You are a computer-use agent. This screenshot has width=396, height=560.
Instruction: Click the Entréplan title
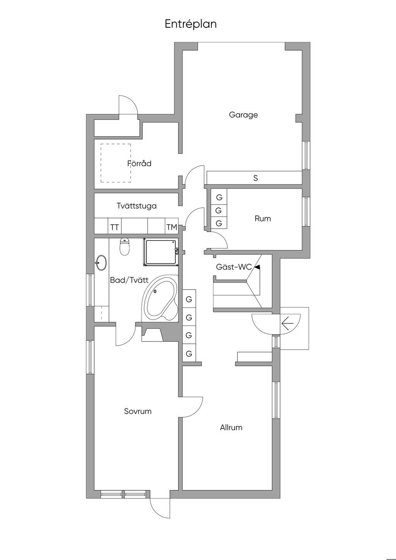(191, 24)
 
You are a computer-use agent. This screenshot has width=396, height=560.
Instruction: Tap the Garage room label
(243, 115)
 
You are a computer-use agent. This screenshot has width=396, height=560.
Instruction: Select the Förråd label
(140, 164)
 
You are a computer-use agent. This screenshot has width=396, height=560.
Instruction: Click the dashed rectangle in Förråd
(116, 163)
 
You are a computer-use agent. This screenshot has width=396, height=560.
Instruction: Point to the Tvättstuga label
(137, 206)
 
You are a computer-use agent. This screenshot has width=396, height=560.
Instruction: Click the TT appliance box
(114, 227)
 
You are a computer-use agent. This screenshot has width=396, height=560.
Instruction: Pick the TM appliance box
(171, 227)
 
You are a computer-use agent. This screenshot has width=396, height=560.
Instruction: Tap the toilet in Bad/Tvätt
(125, 247)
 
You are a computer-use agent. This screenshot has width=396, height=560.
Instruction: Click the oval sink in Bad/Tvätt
(102, 263)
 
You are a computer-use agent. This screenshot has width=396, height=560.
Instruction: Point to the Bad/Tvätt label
(129, 280)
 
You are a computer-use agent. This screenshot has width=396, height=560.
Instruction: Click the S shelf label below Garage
(255, 178)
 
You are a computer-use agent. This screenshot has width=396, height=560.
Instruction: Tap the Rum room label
(263, 219)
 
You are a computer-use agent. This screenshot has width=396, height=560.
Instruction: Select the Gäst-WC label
(234, 267)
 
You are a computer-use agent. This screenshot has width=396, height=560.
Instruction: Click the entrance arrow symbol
(287, 323)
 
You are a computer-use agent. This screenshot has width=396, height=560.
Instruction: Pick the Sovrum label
(138, 411)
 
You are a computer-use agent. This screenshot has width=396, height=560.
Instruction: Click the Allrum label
(231, 427)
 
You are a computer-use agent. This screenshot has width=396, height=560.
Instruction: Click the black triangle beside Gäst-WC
(257, 267)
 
